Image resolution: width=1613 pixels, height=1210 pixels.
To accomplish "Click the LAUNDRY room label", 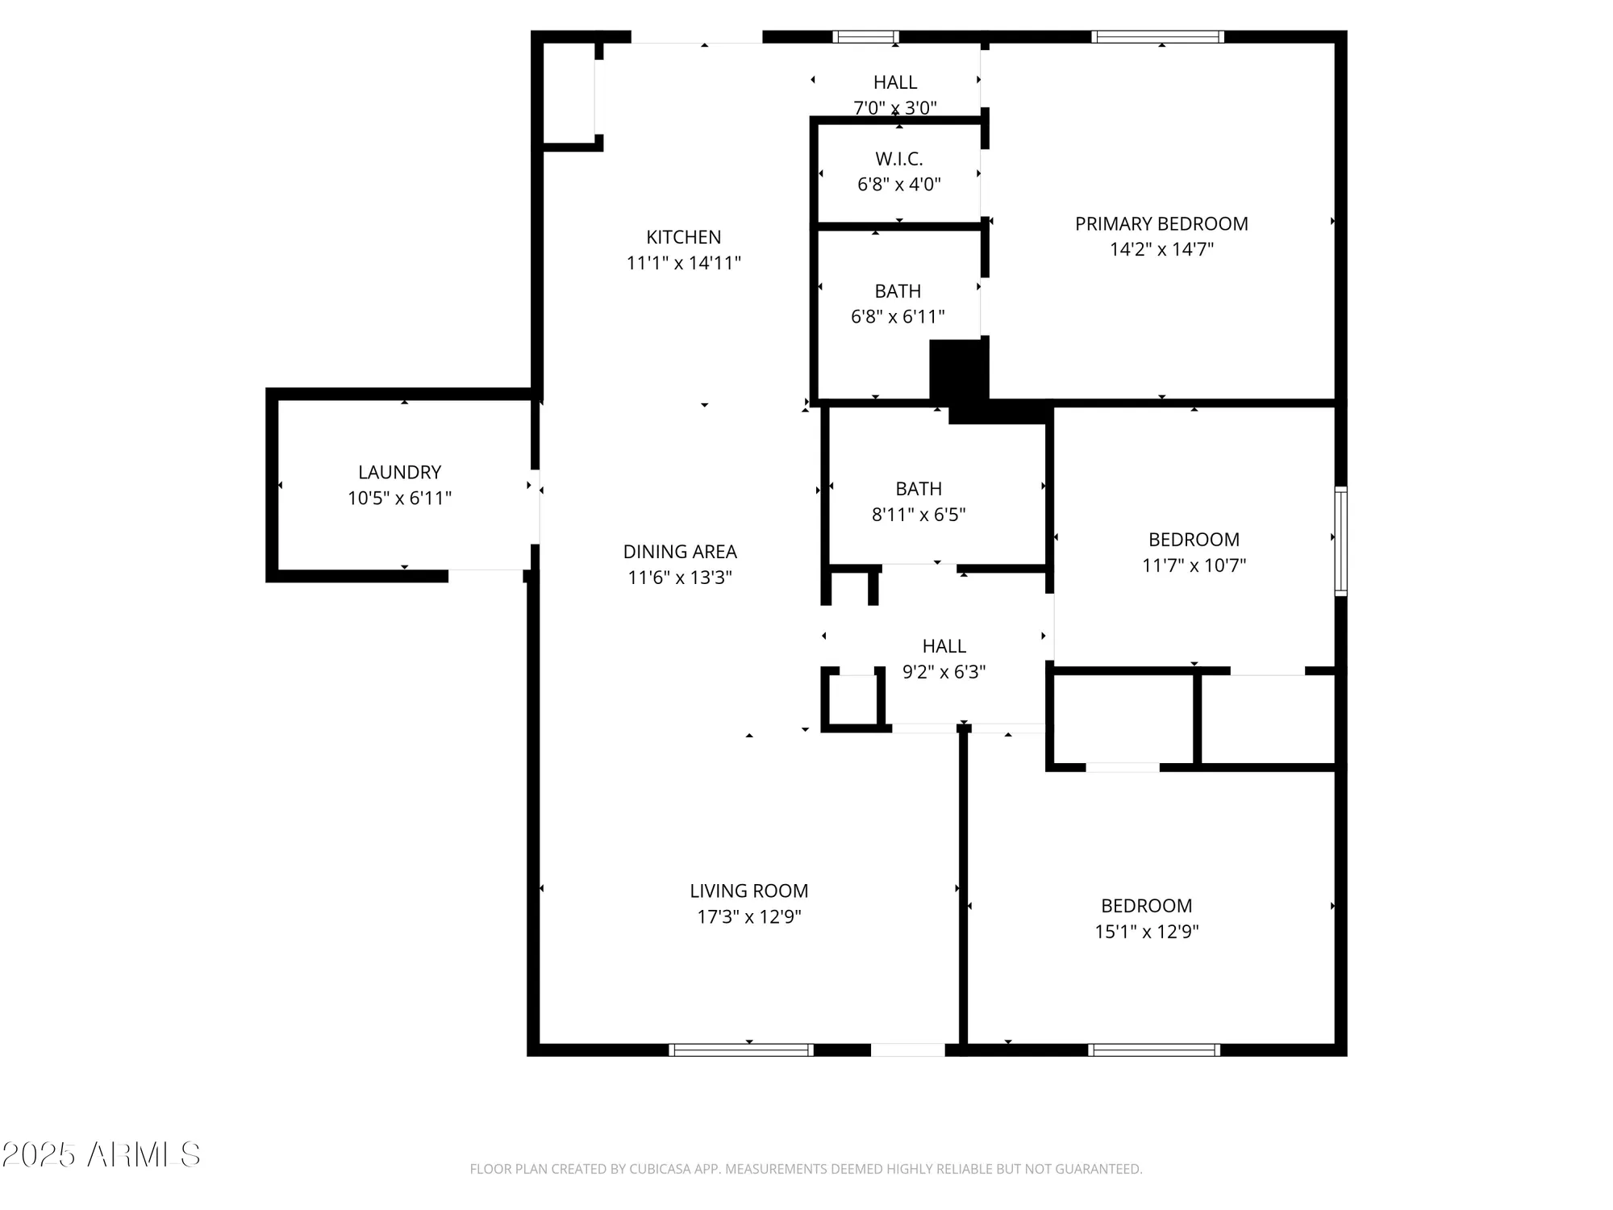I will coord(399,472).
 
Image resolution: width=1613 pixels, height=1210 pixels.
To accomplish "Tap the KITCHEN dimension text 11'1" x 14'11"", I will coord(683,263).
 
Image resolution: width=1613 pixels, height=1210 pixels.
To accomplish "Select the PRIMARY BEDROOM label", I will coord(1161,223).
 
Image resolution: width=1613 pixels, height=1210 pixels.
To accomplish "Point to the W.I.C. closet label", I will coord(898,159).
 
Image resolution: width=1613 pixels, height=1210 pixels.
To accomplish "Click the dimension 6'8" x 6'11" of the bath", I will coord(898,316).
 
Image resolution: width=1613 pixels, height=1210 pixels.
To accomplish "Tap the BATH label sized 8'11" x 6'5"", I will coord(919,489).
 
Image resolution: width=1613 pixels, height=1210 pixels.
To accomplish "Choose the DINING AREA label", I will coord(680,552).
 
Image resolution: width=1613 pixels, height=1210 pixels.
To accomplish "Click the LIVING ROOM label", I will coord(748,891).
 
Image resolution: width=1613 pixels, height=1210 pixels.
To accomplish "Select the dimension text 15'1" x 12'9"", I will coord(1146,932).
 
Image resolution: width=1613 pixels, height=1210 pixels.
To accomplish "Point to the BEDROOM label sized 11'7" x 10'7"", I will coord(1194,540).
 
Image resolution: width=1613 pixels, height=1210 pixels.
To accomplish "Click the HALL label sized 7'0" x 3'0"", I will coord(895,82).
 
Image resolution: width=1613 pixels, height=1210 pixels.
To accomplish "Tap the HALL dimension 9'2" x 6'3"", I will coord(944,672).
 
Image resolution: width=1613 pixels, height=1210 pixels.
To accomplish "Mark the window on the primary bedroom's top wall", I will coord(1158,36).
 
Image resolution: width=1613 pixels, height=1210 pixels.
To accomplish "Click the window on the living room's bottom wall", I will coord(740,1049).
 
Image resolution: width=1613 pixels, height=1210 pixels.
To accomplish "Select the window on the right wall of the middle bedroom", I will coord(1340,540).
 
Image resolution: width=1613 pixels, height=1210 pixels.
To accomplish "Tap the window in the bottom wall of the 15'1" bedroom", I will coord(1153,1049).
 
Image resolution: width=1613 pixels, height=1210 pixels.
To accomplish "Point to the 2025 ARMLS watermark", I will coord(101,1155).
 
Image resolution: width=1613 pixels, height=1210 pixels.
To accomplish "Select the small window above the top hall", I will coord(865,36).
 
